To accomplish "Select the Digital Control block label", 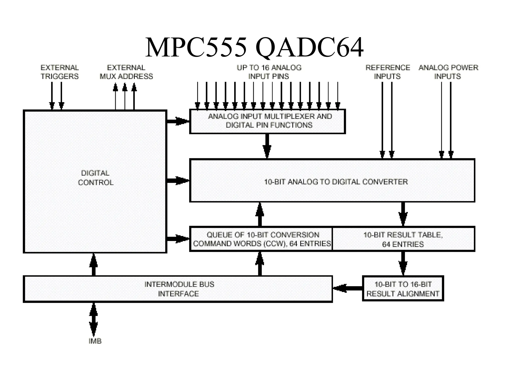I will (95, 178).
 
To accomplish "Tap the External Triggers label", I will (60, 72).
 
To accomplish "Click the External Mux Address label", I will (126, 72).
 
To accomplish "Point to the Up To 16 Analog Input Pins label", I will (269, 72).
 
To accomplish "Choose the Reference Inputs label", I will (388, 72).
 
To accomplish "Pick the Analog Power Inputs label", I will (448, 72).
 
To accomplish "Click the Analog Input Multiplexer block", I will (268, 121).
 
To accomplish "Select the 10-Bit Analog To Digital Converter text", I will (336, 182).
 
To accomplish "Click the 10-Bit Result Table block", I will (403, 239).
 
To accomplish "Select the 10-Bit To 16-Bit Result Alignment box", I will (403, 288).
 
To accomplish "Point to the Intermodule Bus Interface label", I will (179, 289).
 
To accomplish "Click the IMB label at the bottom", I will (95, 341).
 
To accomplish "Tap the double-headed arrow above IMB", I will (94, 319).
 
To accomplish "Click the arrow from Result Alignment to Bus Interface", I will (347, 288).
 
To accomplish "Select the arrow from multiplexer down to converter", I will (267, 146).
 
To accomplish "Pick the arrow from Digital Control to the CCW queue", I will (178, 238).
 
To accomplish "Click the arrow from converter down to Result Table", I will (403, 214).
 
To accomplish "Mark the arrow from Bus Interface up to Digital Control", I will (94, 264).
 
